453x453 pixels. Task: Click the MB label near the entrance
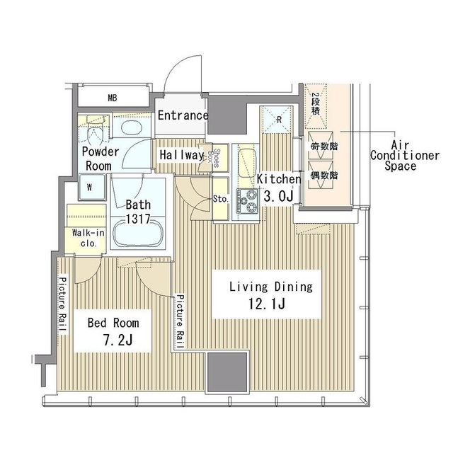click(113, 98)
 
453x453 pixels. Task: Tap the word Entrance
click(183, 115)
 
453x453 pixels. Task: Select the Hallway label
click(182, 155)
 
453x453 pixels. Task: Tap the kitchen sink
click(246, 164)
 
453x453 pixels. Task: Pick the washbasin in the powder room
click(131, 128)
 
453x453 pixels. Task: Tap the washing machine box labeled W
click(90, 188)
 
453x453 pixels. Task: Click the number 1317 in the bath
click(138, 219)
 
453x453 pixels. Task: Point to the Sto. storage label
click(220, 199)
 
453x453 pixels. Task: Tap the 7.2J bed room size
click(113, 340)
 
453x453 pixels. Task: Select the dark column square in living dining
click(228, 371)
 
